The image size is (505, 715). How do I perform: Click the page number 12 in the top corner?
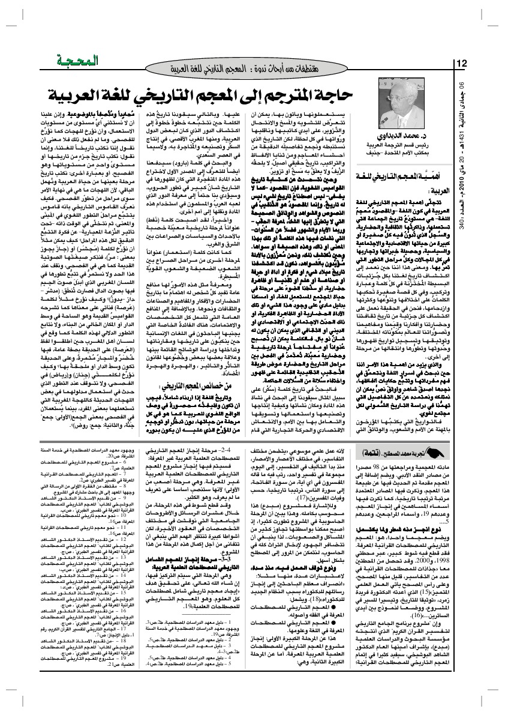point(462,64)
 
